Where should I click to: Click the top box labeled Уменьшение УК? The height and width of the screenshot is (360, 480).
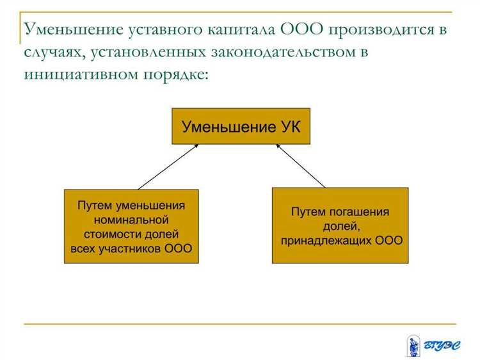240,126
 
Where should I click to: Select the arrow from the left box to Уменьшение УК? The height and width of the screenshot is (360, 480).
168,167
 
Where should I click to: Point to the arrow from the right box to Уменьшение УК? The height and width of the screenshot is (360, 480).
301,167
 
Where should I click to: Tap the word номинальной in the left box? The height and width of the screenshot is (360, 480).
131,220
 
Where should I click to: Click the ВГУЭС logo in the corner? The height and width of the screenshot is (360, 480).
433,346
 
